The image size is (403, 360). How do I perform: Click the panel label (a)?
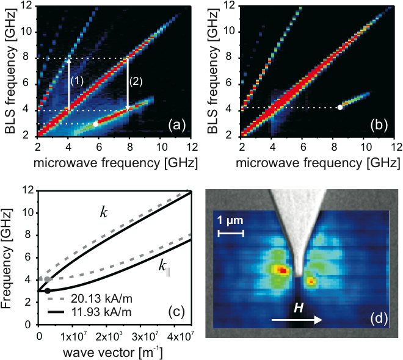[x=179, y=126]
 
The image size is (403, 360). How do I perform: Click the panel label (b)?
[x=383, y=126]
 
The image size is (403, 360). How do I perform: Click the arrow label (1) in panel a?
[x=77, y=81]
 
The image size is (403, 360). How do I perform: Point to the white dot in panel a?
[x=95, y=124]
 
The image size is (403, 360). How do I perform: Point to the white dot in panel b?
[x=340, y=107]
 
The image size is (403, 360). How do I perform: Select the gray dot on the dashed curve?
[x=48, y=279]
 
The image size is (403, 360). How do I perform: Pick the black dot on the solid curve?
[x=48, y=291]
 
